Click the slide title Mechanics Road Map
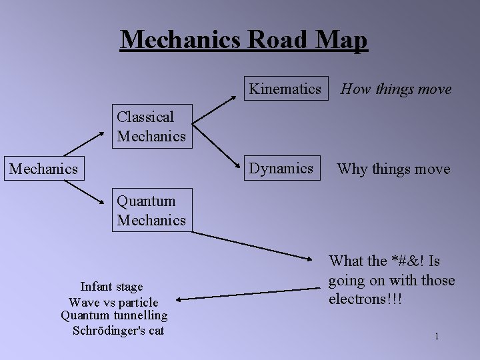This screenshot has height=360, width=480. (243, 40)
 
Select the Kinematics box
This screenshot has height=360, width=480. (285, 89)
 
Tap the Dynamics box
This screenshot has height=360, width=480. (281, 169)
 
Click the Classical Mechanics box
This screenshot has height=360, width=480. (151, 127)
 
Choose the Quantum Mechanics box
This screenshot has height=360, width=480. (151, 211)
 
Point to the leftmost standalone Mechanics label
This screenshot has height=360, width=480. (43, 169)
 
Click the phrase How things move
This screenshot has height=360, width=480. (396, 89)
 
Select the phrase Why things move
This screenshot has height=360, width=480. (393, 169)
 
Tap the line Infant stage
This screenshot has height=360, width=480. (111, 287)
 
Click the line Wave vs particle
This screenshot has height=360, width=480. (113, 302)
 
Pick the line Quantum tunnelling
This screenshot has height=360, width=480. (114, 315)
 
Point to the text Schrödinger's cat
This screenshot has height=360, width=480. (118, 330)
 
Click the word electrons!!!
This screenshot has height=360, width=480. (365, 299)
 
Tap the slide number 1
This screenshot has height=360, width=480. (437, 336)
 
